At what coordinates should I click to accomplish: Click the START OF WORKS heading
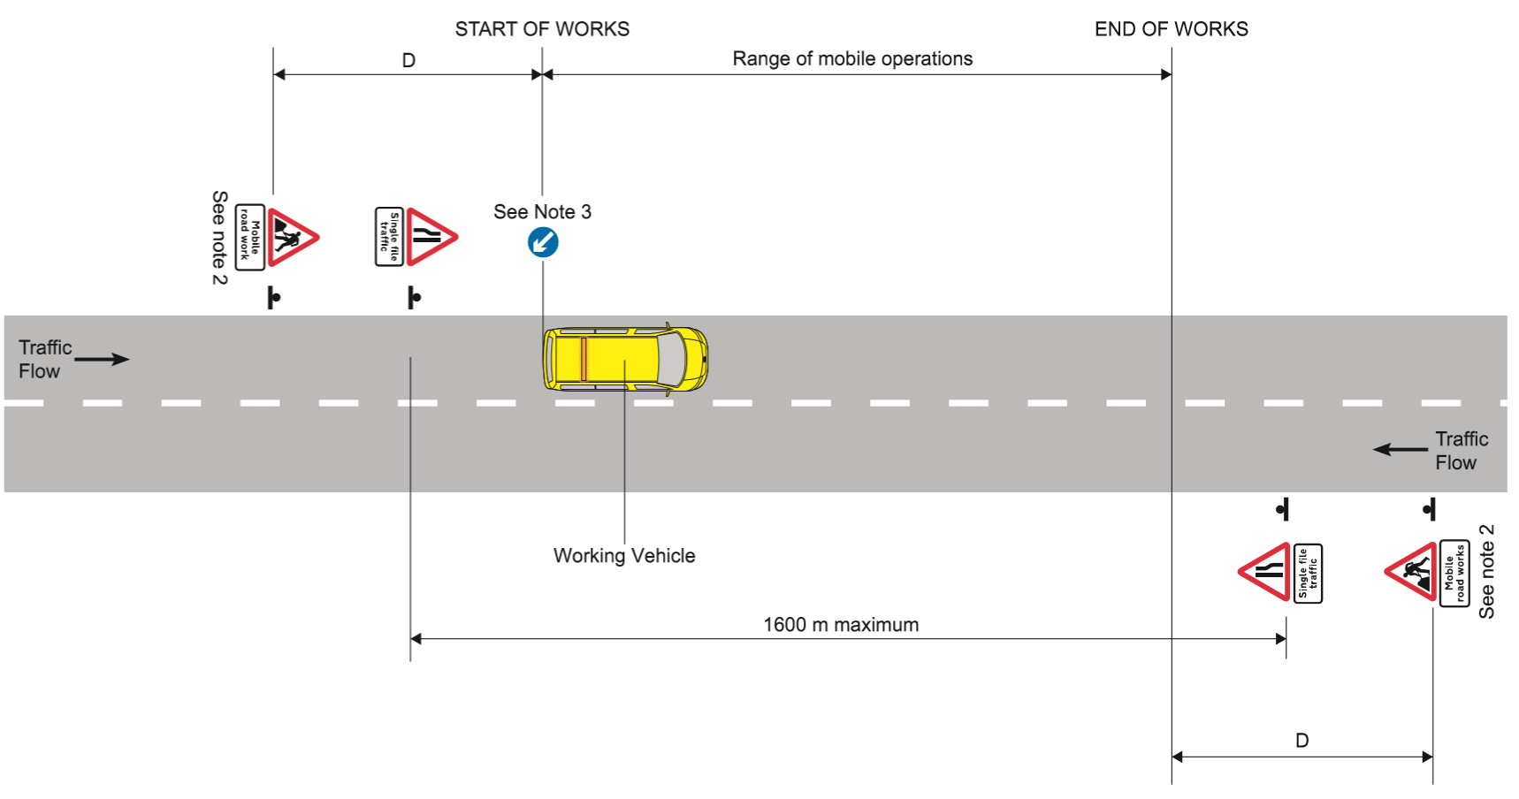pos(542,29)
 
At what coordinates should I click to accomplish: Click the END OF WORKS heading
pos(1171,29)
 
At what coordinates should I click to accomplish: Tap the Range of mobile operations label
pos(851,59)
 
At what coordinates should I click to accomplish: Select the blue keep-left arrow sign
pos(543,242)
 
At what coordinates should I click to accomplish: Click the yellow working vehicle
pos(625,359)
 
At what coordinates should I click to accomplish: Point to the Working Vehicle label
pos(624,556)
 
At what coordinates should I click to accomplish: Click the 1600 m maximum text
pos(841,625)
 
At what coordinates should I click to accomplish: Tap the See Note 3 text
pos(542,212)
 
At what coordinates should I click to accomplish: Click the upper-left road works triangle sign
pos(290,237)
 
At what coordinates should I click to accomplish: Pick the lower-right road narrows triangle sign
pos(1267,572)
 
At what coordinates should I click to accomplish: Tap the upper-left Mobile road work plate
pos(250,237)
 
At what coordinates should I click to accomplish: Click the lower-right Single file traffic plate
pos(1308,574)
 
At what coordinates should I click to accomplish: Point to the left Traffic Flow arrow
pos(103,359)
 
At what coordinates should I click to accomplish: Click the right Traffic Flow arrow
pos(1401,450)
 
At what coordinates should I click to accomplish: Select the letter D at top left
pos(408,61)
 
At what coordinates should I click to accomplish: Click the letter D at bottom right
pos(1301,741)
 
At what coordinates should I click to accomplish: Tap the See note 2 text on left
pos(219,237)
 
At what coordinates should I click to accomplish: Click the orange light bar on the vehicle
pos(584,359)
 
